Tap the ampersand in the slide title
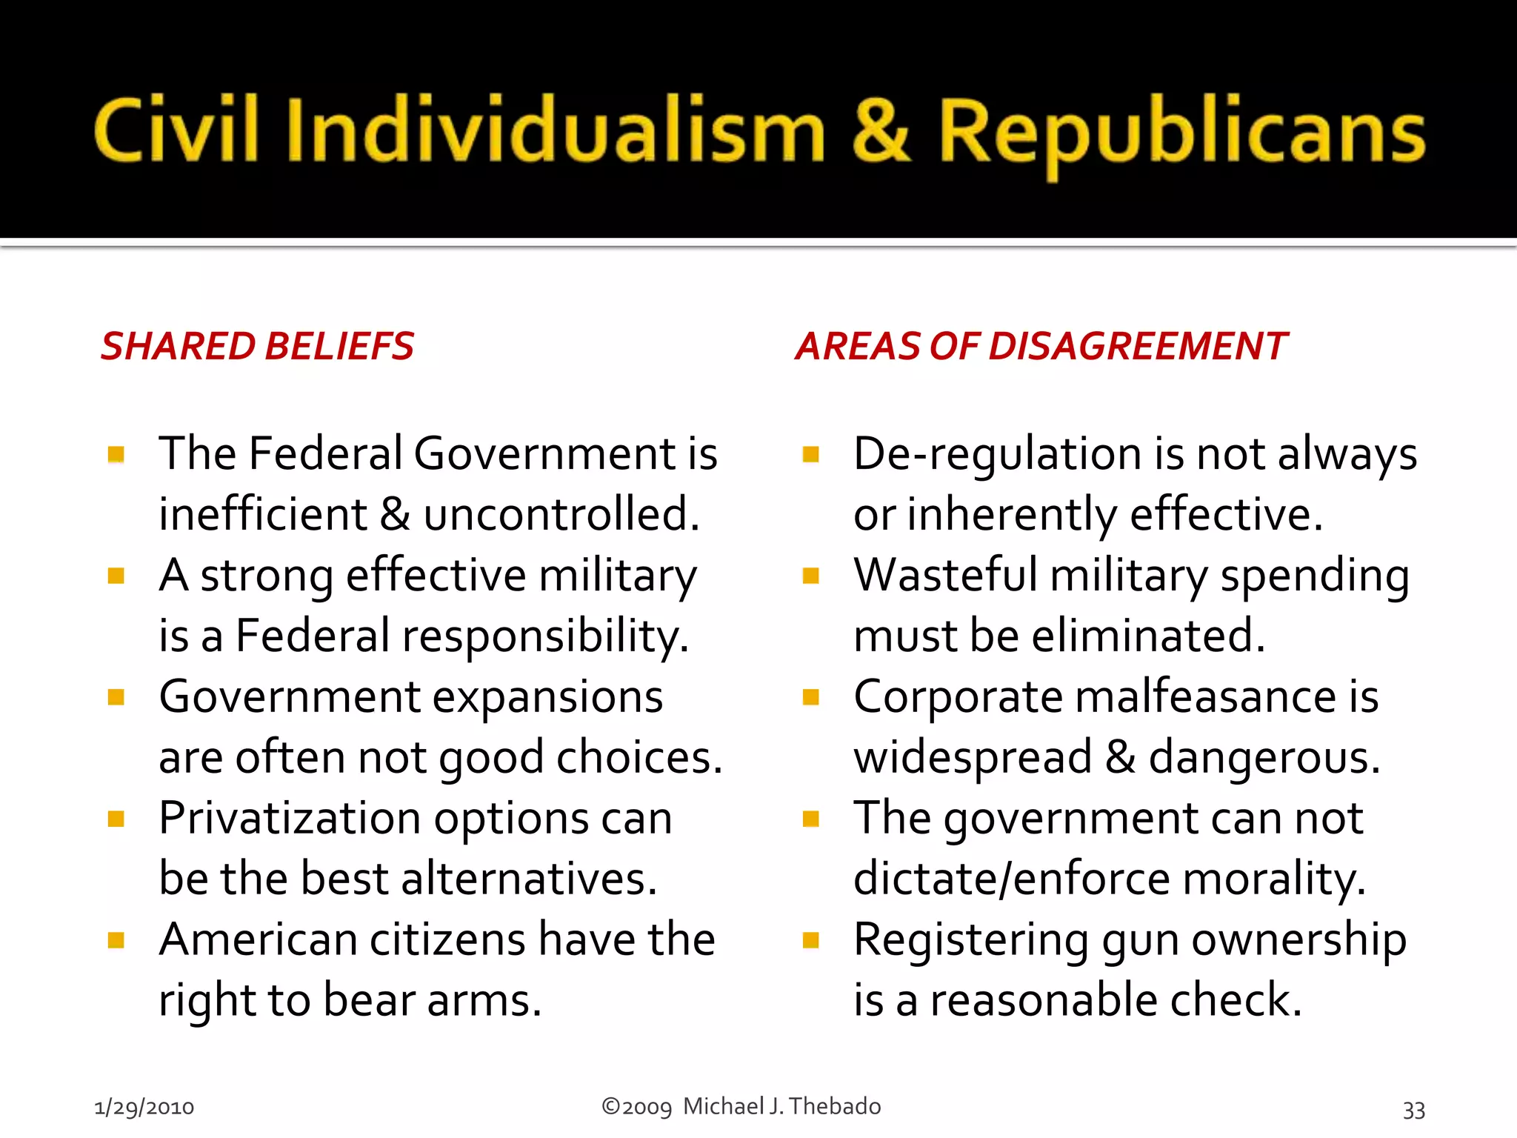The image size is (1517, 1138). click(x=881, y=130)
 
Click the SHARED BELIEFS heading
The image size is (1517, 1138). click(x=257, y=346)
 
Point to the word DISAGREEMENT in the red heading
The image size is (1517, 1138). click(x=1138, y=346)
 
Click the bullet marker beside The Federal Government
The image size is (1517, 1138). click(x=116, y=453)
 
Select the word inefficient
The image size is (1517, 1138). click(x=262, y=514)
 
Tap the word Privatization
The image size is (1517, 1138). click(x=290, y=819)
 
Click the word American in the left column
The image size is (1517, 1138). click(x=259, y=939)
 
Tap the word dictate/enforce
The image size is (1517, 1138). click(x=1012, y=879)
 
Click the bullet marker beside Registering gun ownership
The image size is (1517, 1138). click(x=811, y=940)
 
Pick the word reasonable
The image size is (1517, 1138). click(x=1043, y=1000)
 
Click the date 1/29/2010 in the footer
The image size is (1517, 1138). click(x=144, y=1108)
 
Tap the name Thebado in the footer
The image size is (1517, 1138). click(x=835, y=1106)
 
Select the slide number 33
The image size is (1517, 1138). click(x=1413, y=1110)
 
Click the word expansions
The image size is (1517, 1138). click(x=547, y=697)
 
